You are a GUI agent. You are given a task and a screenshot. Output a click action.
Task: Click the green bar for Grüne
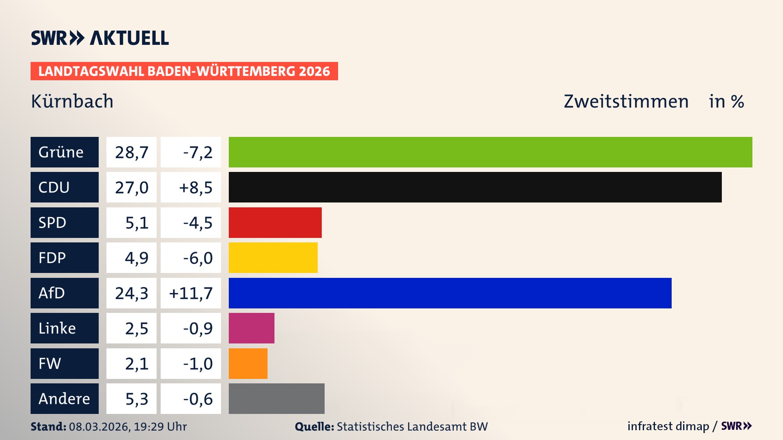pos(490,152)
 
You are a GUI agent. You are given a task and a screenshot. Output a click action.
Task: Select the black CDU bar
pos(475,187)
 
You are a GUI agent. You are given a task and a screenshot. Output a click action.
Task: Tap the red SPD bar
pos(275,222)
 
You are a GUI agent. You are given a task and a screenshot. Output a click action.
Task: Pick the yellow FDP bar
pos(273,257)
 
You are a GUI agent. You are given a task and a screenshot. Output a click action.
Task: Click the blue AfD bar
pos(450,293)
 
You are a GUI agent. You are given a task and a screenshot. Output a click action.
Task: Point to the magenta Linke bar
pos(251,328)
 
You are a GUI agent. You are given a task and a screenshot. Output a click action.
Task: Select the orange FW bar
pos(248,363)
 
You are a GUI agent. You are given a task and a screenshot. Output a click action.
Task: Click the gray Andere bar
pos(276,398)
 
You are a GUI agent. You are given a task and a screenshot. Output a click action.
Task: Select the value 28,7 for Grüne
pos(131,152)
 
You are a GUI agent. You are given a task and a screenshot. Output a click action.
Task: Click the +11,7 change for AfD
pos(191,293)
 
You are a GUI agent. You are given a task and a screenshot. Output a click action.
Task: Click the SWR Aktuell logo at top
pos(100,38)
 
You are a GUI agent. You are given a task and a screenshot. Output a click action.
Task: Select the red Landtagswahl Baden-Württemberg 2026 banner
pos(184,71)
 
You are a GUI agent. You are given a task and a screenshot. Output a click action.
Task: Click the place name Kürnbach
pos(72,101)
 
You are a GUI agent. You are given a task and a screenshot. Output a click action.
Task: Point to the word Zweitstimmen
pos(626,101)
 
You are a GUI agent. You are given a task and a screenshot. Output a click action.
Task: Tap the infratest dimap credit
pos(668,426)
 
